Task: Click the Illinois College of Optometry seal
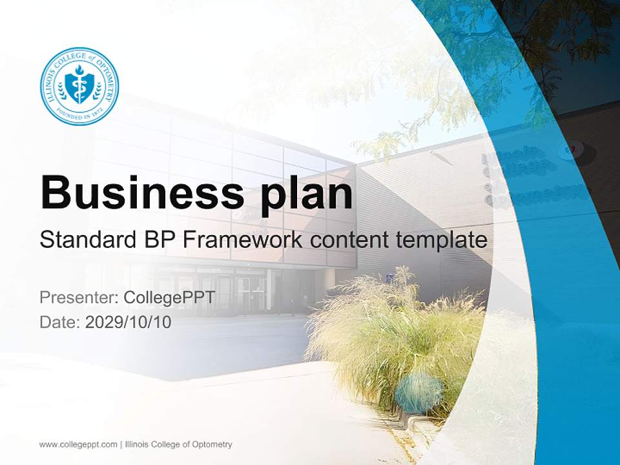coord(79,86)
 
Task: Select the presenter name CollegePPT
coord(169,298)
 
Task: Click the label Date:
coord(60,322)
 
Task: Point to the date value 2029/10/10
coord(129,322)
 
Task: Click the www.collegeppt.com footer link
coord(78,444)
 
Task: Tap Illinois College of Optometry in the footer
coord(178,444)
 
